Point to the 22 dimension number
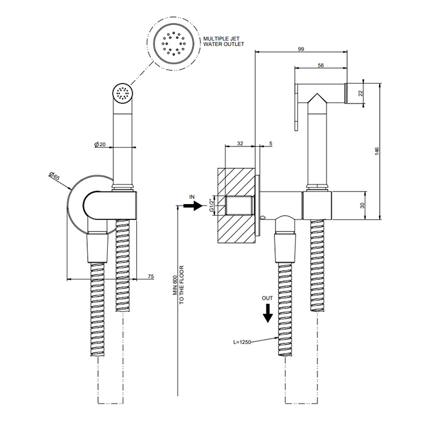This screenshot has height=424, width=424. tap(360, 93)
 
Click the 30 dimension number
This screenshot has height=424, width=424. tap(363, 205)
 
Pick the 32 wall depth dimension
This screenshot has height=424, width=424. tap(240, 144)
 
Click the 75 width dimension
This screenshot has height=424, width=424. tap(150, 276)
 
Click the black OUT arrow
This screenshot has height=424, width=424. tap(267, 314)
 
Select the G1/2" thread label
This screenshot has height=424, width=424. tap(212, 205)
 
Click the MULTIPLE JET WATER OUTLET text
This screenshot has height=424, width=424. tap(225, 41)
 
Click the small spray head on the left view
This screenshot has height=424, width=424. tap(123, 93)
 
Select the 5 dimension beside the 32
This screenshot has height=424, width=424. tap(270, 144)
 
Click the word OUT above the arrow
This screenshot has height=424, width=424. tap(267, 298)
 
